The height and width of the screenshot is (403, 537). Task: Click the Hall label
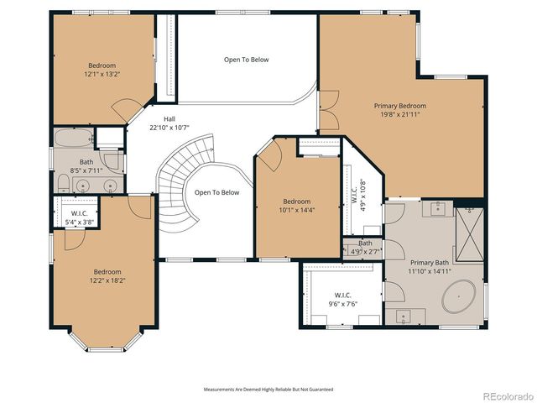pyautogui.click(x=169, y=119)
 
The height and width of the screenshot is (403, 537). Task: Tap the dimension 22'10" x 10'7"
pyautogui.click(x=169, y=128)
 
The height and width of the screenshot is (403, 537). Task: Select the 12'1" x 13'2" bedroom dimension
pyautogui.click(x=102, y=75)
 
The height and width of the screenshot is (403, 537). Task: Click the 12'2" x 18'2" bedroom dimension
pyautogui.click(x=107, y=280)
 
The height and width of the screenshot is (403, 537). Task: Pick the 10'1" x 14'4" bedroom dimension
pyautogui.click(x=296, y=211)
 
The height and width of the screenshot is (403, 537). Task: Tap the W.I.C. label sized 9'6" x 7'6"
pyautogui.click(x=342, y=296)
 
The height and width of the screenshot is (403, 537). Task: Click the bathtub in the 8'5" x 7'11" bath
pyautogui.click(x=74, y=139)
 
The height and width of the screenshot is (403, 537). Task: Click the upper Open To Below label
pyautogui.click(x=246, y=60)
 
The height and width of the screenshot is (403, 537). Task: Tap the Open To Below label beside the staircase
pyautogui.click(x=216, y=192)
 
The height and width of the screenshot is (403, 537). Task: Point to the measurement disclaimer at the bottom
pyautogui.click(x=268, y=390)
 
